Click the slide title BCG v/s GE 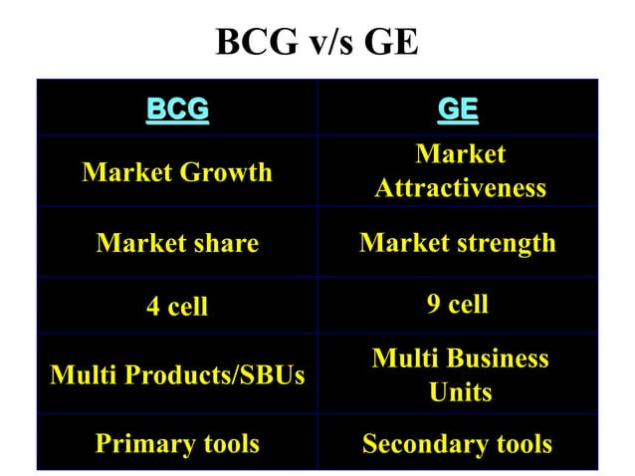[x=317, y=42]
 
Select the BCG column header [x=177, y=108]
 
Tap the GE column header [x=458, y=108]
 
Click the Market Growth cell [x=177, y=172]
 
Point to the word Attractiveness [x=460, y=188]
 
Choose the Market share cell [x=177, y=243]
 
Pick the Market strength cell [x=458, y=243]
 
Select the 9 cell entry [x=458, y=305]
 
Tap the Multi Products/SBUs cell [x=177, y=375]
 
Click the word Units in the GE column [x=460, y=392]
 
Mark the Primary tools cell [x=177, y=444]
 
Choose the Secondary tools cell [x=458, y=444]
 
